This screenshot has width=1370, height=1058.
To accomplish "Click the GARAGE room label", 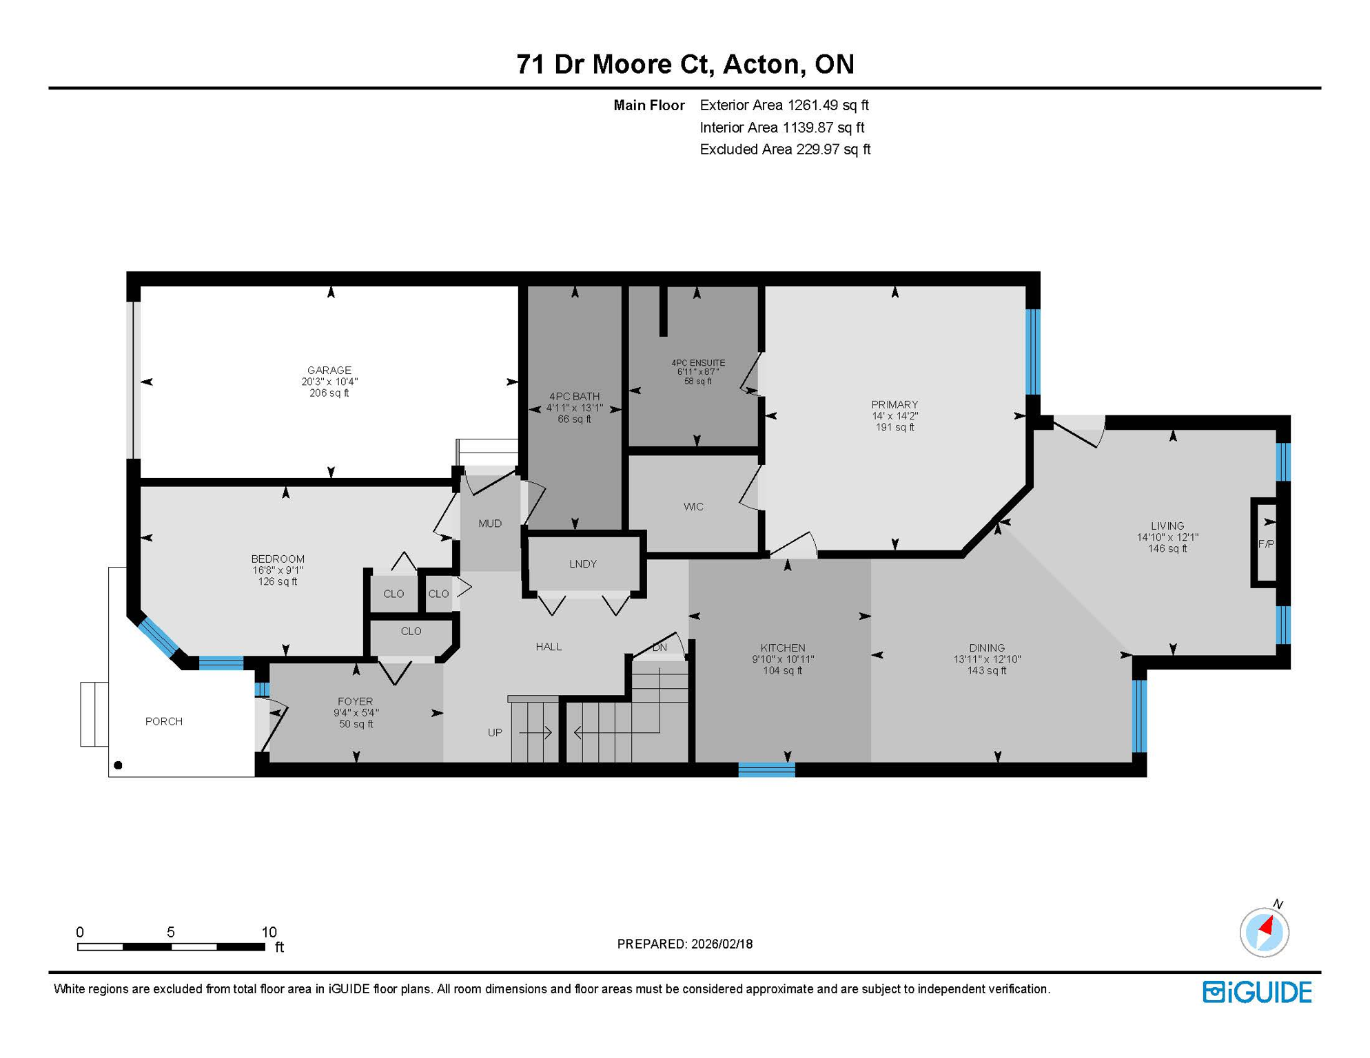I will click(329, 370).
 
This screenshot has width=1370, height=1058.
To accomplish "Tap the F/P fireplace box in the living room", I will click(1265, 543).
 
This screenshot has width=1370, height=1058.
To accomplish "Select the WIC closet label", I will click(693, 507).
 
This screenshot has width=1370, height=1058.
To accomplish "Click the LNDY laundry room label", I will click(583, 563).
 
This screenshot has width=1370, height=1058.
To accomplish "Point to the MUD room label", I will click(490, 523).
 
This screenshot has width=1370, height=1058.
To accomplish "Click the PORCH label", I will click(163, 721).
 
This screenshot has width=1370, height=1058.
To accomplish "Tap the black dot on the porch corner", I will click(118, 765).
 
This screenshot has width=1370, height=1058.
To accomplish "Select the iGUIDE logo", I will click(1257, 992).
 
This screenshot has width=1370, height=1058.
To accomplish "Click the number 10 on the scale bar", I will click(269, 932).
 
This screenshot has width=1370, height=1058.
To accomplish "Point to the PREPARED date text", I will click(684, 944).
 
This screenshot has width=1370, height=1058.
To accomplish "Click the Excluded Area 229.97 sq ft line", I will click(784, 149).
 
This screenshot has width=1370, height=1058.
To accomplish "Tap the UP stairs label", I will click(495, 732).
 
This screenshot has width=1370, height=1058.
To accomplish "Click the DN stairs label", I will click(660, 647).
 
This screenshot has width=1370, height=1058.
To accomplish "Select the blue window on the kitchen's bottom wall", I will click(766, 770).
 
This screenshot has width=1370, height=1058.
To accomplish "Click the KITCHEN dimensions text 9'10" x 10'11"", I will click(783, 659).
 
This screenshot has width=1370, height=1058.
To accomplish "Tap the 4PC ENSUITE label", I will click(698, 363).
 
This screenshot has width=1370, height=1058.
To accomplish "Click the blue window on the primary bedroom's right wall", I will click(1032, 351).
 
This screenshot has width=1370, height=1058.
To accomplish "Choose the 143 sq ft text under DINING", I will click(986, 670).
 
